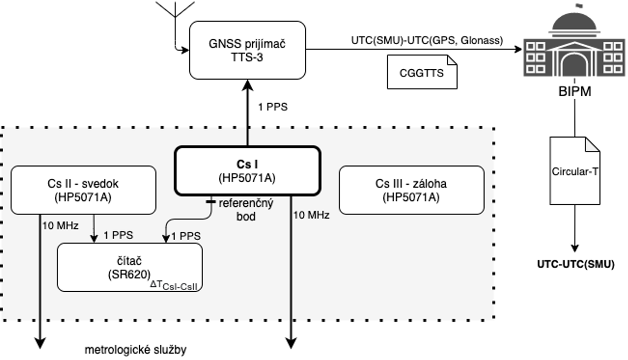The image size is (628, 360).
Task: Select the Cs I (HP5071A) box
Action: click(x=248, y=170)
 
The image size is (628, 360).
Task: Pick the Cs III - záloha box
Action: click(x=411, y=190)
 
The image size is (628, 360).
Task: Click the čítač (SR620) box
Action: click(x=130, y=267)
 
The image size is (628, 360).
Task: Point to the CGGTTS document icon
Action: click(x=422, y=73)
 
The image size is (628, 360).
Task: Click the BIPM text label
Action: click(x=575, y=92)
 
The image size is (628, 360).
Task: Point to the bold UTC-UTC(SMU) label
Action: click(x=575, y=265)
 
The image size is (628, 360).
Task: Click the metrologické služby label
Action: click(x=135, y=350)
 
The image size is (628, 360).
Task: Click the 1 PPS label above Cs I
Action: click(x=273, y=107)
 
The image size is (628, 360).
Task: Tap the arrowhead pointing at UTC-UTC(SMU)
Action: click(x=575, y=248)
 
